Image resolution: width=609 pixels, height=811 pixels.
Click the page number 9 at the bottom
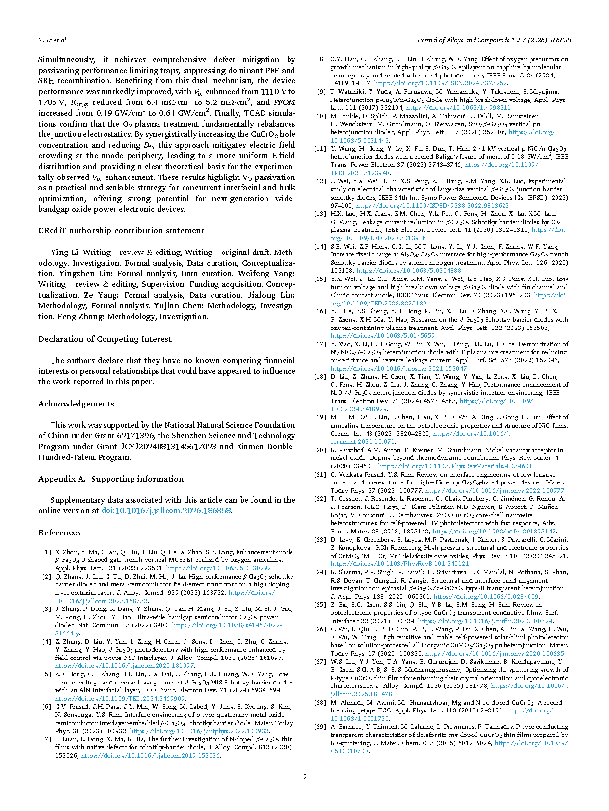[305, 776]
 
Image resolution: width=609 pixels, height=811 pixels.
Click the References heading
[59, 532]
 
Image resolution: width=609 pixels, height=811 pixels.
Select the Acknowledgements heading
[76, 404]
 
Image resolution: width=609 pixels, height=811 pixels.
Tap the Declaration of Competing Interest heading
[105, 339]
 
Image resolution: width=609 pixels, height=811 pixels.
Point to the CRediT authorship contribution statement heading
[121, 230]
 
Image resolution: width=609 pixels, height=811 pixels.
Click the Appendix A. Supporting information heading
[111, 479]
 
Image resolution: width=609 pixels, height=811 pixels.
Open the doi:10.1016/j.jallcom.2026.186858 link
[166, 510]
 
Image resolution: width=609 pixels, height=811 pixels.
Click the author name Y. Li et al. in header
[53, 40]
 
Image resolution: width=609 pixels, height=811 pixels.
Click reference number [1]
[47, 552]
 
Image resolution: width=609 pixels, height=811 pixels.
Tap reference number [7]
[47, 739]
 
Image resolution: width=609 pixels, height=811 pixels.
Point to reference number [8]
[321, 59]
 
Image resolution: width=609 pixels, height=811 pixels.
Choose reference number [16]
[320, 311]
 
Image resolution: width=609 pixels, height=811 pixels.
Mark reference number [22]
[320, 499]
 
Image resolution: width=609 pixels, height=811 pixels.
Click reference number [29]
[320, 727]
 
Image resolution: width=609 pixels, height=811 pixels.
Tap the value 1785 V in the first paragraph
[51, 102]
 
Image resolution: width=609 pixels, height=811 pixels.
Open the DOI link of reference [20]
[455, 466]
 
